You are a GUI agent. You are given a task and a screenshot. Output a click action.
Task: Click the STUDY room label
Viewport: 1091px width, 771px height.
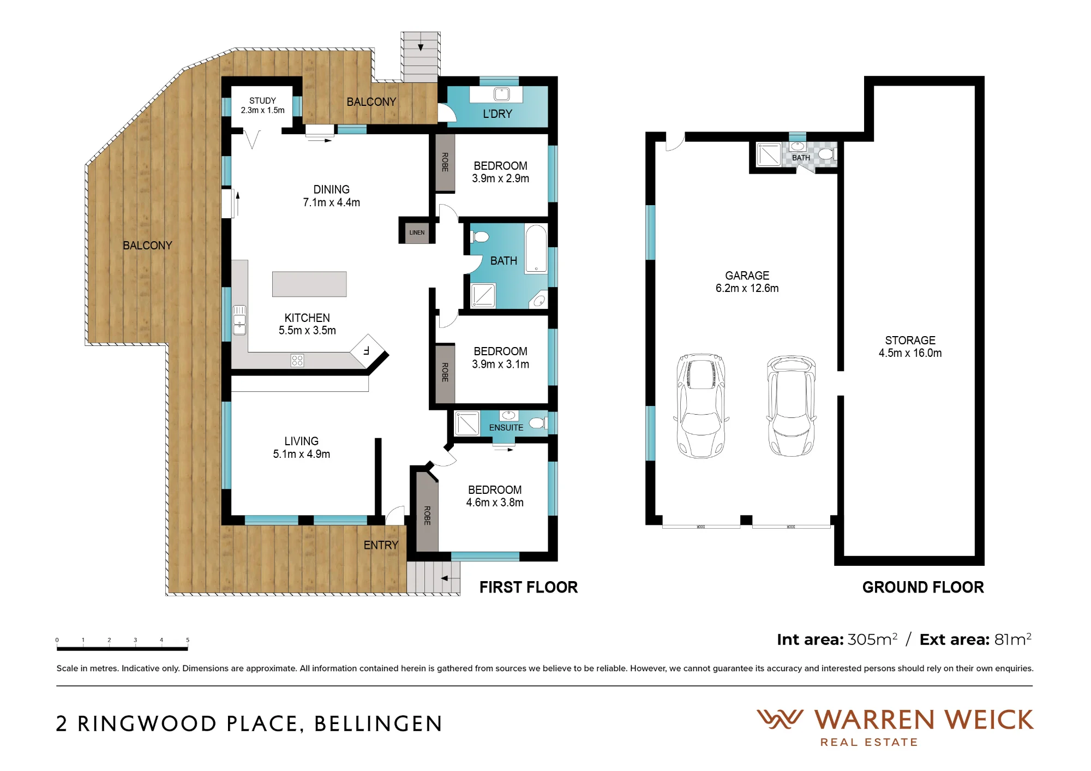point(262,101)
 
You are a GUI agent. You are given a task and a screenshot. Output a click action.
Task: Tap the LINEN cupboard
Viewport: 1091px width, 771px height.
point(417,232)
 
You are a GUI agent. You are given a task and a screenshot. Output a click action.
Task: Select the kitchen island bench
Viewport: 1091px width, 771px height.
point(309,284)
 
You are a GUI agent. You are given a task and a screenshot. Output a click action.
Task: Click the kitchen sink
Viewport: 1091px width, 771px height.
point(239,320)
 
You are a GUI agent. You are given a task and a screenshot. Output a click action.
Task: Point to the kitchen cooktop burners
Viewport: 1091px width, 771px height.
point(297,361)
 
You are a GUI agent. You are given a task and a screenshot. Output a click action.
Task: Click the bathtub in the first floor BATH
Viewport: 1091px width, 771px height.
point(536,249)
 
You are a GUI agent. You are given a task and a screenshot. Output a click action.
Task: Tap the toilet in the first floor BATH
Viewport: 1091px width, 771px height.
point(480,237)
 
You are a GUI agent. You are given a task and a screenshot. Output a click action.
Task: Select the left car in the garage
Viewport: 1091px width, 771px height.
point(701,405)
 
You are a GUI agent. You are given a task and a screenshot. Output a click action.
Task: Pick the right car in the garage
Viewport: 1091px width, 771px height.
point(791,405)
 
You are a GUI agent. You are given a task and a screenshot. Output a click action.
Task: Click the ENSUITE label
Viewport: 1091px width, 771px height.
point(506,428)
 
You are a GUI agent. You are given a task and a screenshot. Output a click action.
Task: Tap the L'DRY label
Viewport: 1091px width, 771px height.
point(497,114)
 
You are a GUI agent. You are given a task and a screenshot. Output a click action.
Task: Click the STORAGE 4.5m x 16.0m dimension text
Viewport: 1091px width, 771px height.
point(910,353)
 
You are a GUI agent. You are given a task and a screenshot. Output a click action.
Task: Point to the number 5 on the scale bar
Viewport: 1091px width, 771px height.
point(188,640)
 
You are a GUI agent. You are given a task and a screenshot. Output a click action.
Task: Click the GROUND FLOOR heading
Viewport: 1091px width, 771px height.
point(923,587)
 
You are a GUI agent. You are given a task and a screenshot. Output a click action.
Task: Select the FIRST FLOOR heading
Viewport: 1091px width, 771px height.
point(529,587)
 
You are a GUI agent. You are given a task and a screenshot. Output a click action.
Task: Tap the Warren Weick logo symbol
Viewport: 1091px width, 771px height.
point(780,719)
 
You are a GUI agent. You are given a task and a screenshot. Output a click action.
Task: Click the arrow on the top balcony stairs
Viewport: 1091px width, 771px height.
point(421,47)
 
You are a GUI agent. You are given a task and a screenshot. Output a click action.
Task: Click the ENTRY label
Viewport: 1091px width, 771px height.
point(381,545)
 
